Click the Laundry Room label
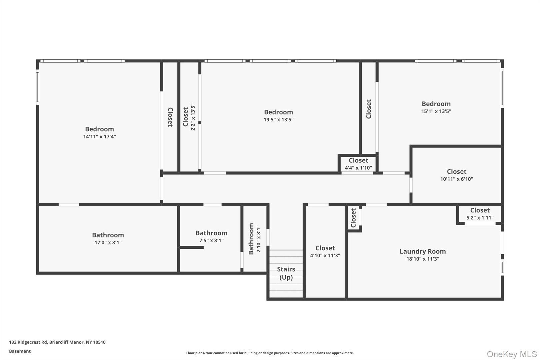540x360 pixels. [x=422, y=251]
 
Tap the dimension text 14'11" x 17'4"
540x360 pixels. [x=99, y=137]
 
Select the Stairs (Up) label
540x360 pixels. [x=286, y=273]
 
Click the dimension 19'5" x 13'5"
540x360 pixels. [x=278, y=120]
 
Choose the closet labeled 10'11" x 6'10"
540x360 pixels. [x=456, y=175]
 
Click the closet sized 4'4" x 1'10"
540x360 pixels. [x=358, y=164]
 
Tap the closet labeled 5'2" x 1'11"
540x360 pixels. [x=480, y=214]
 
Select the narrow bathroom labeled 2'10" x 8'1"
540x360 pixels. [x=254, y=239]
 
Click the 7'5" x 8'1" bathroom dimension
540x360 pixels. [x=211, y=240]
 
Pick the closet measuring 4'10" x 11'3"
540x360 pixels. [x=325, y=252]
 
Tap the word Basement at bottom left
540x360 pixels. [x=20, y=351]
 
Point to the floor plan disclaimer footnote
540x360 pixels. [x=270, y=353]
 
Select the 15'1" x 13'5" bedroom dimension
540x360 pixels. [x=436, y=111]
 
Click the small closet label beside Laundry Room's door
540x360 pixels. [x=353, y=218]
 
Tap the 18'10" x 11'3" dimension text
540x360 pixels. [x=422, y=259]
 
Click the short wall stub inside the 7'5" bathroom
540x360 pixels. [x=192, y=247]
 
